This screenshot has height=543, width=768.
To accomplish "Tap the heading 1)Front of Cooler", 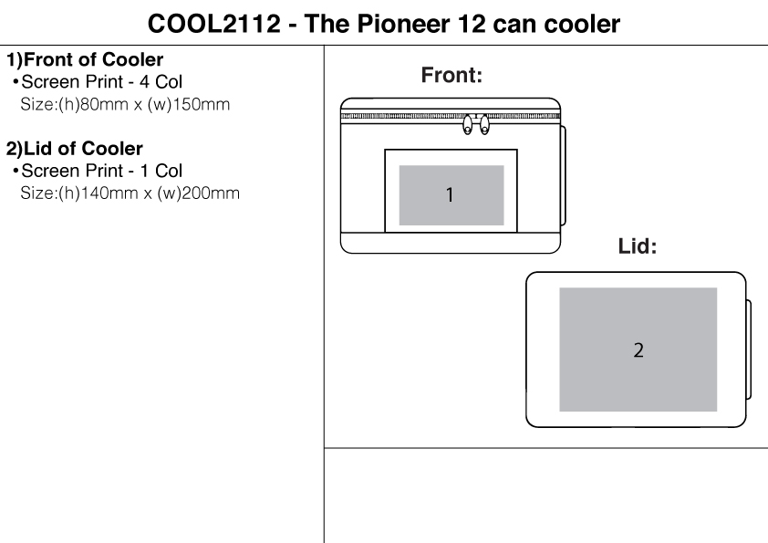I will (85, 61).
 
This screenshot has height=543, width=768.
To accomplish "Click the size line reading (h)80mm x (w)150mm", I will (125, 104).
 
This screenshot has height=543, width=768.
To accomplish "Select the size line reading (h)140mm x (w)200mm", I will (130, 193).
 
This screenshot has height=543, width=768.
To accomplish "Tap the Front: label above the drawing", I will (451, 77).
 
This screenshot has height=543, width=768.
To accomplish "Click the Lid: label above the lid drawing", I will (638, 246).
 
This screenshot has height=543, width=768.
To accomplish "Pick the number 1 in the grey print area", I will (450, 194).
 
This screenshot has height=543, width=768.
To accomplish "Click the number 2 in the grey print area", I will (638, 350).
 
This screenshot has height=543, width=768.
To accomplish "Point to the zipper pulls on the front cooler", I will (475, 125).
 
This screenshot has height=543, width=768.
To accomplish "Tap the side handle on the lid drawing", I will (749, 349).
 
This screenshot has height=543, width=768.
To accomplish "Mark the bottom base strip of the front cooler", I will (450, 243).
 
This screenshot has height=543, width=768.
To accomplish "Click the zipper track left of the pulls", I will (401, 118).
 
